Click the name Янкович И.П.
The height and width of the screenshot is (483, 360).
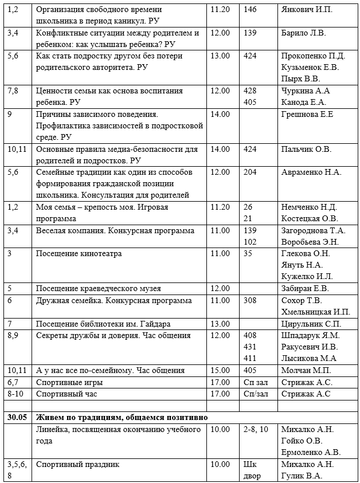[306, 10]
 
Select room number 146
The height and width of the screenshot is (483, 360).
[250, 10]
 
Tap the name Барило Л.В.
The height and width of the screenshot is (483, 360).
[303, 33]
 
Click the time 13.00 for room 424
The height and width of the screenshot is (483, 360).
[220, 56]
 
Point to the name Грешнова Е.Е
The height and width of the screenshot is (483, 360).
[307, 114]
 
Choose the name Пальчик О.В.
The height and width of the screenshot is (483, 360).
[306, 149]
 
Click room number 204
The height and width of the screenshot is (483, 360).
[250, 172]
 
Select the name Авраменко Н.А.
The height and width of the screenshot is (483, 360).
[311, 172]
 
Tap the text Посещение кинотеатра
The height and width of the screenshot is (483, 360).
[79, 254]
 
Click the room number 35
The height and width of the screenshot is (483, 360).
[248, 254]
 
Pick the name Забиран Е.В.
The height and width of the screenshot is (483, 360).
[304, 289]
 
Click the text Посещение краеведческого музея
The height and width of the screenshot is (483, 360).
[98, 289]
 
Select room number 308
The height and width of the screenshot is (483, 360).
[250, 300]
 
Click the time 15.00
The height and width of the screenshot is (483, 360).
[220, 370]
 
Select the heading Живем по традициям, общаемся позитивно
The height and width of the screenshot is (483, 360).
[122, 417]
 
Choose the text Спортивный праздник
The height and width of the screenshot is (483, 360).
[77, 464]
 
